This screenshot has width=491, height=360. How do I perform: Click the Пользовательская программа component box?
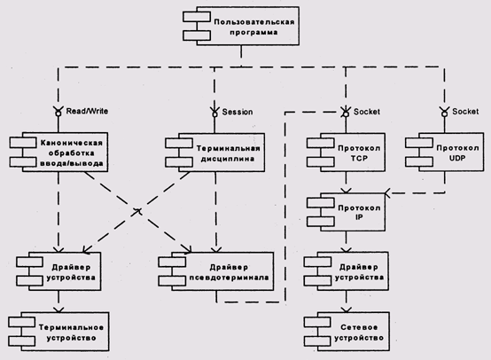241,27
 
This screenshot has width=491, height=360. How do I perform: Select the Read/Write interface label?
87,111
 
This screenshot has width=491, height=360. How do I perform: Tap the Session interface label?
238,112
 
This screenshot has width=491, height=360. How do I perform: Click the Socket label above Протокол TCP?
367,112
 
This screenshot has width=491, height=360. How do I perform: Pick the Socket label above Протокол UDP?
465,111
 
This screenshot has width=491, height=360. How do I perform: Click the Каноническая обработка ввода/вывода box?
58,152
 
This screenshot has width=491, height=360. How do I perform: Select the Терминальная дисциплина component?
214,153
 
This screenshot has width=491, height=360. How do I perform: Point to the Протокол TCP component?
346,153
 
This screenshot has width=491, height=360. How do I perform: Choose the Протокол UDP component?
444,152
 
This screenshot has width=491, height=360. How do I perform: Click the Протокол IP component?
346,212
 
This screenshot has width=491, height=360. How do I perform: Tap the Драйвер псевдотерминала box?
215,271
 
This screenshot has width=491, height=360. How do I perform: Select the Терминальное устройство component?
58,332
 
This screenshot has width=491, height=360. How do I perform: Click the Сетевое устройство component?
347,332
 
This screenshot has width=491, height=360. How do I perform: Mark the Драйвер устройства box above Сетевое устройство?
346,271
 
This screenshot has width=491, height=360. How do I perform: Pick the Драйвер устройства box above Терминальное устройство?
58,271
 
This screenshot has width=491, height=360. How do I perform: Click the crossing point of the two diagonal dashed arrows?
137,212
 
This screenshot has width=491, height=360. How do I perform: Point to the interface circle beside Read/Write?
58,113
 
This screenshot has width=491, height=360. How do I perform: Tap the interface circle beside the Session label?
214,114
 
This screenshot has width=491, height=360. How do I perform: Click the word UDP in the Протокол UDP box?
456,158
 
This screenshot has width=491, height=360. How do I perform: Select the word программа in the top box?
254,33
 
